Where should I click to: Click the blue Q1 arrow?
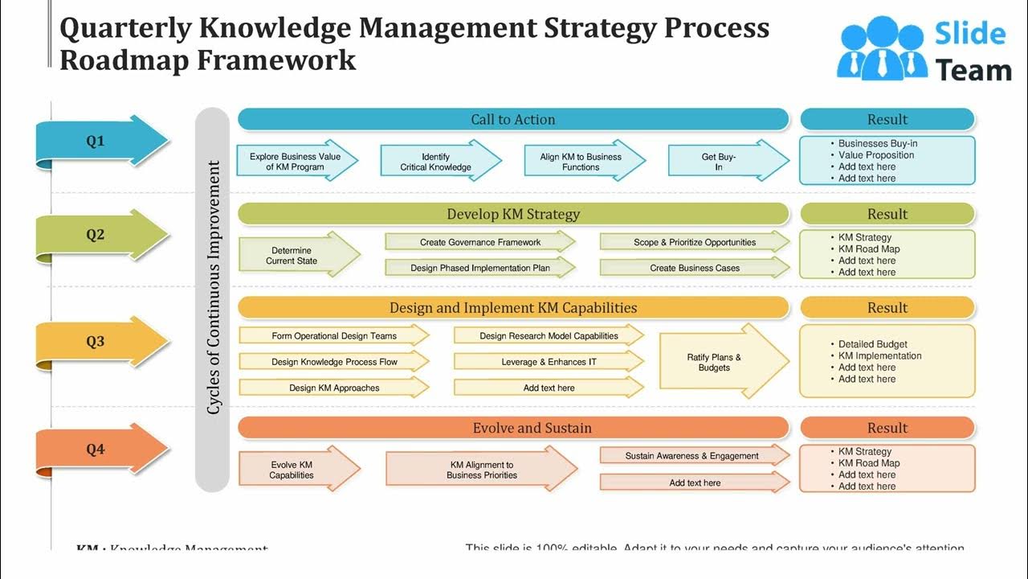click(x=100, y=142)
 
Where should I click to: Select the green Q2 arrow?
click(x=100, y=235)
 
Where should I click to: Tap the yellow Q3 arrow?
click(x=100, y=342)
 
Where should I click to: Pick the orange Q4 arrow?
click(x=100, y=450)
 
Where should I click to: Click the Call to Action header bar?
click(x=513, y=120)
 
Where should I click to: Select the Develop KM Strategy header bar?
click(x=513, y=214)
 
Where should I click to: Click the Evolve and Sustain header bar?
click(x=513, y=428)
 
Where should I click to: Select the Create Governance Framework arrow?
click(x=479, y=242)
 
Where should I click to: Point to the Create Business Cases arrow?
click(x=694, y=268)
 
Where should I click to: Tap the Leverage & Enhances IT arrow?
click(x=549, y=362)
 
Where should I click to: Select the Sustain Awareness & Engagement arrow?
click(x=693, y=456)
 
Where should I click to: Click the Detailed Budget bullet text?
click(x=873, y=344)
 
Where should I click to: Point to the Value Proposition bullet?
click(x=876, y=155)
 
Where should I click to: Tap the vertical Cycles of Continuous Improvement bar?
click(x=213, y=299)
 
